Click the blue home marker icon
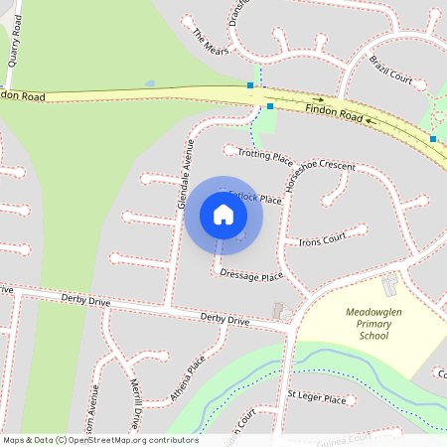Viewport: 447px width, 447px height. [223, 215]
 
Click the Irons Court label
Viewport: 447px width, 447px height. [322, 238]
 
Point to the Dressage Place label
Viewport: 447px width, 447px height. [251, 275]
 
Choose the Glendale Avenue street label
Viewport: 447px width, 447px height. [185, 173]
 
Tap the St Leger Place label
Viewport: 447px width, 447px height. [316, 398]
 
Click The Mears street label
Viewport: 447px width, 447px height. [211, 42]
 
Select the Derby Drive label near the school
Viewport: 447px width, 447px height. [224, 319]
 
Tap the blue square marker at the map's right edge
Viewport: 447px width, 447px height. [433, 139]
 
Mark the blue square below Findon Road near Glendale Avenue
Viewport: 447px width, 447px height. [270, 104]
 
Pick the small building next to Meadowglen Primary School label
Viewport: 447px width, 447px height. [389, 286]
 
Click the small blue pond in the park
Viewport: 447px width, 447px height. [149, 83]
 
